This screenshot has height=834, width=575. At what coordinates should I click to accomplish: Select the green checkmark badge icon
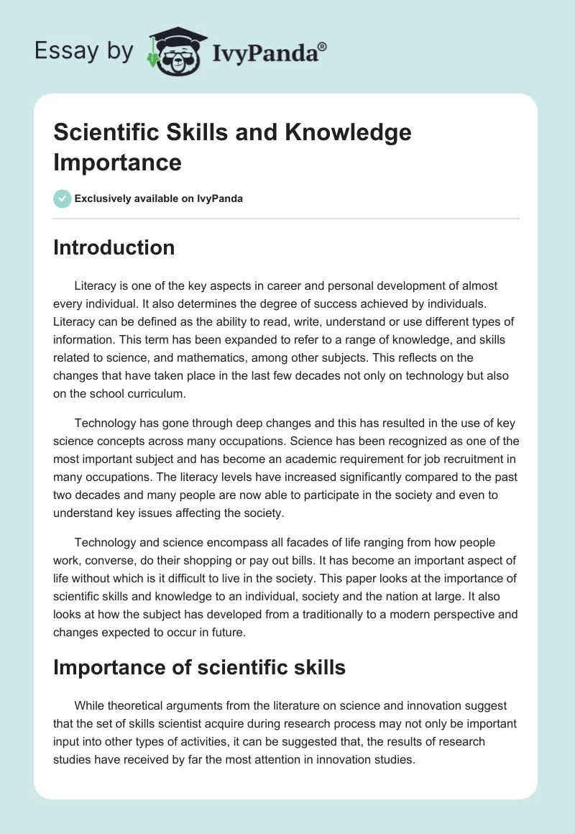coord(63,198)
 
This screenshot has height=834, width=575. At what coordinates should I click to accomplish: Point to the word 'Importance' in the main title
coord(117,162)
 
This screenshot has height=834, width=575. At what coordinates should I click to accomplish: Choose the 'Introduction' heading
coord(114,247)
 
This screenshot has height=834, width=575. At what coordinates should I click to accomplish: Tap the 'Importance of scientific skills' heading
coord(199,667)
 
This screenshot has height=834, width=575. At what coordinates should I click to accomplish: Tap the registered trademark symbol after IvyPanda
coord(323,46)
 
